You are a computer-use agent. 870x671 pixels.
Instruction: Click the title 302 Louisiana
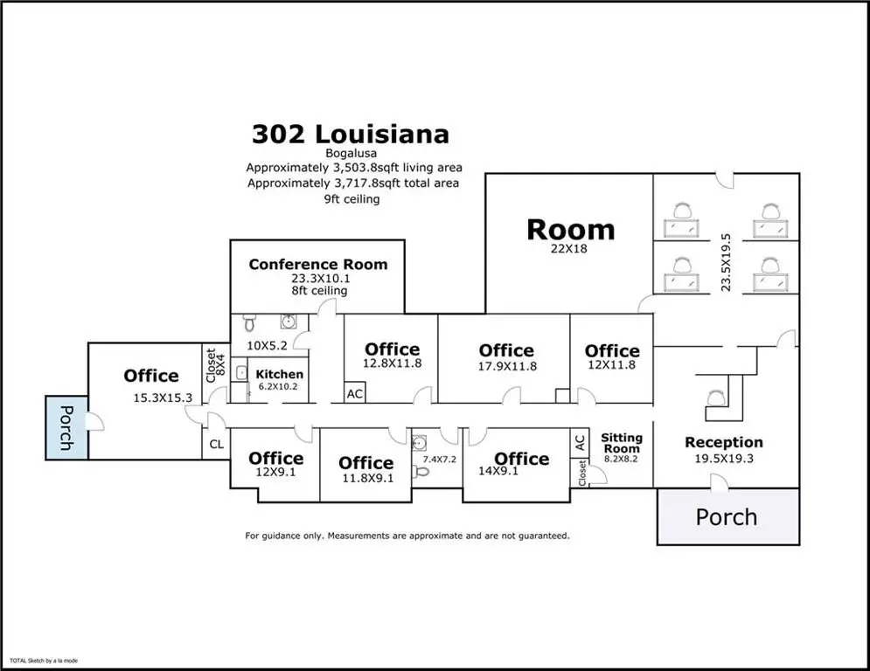coord(350,135)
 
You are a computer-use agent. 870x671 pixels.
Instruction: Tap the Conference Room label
coord(318,265)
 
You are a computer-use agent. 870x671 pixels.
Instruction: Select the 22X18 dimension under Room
coord(568,248)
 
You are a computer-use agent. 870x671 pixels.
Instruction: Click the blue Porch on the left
coord(66,427)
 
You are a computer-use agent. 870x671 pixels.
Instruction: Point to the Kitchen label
coord(279,374)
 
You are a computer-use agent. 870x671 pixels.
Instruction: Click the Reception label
coord(723,442)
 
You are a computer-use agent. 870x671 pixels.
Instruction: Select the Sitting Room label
coord(622,443)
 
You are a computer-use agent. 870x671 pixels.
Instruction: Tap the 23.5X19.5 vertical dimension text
coord(726,262)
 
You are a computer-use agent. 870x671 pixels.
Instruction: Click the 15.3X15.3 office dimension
coord(163,398)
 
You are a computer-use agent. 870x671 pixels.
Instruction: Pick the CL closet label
coord(216,444)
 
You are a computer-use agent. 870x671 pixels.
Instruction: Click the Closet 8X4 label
coord(216,365)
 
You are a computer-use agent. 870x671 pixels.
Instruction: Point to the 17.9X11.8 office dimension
coord(507,366)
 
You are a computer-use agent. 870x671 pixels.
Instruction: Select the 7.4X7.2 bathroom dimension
coord(440,460)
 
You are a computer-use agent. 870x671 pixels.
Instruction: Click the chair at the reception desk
coord(716,398)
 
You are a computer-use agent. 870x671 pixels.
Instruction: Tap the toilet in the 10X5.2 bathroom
coord(249,322)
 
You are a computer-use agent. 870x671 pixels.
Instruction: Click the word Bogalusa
coord(351,153)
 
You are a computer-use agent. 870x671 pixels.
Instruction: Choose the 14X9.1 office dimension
coord(498,471)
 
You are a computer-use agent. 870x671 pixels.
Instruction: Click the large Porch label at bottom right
coord(727,517)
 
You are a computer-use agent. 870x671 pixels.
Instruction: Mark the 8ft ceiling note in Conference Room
coord(320,291)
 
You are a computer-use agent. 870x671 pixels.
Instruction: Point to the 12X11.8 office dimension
coord(611,364)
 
